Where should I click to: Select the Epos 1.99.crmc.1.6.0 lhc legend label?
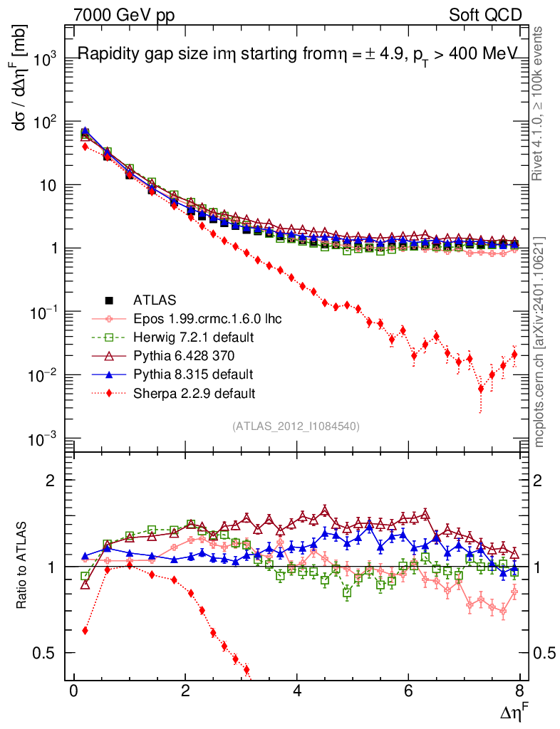click(207, 319)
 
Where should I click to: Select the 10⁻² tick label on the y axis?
click(43, 375)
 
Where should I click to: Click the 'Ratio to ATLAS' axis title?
click(21, 567)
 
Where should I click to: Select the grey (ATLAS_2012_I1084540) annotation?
click(296, 426)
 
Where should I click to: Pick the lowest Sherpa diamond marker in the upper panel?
click(482, 389)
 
